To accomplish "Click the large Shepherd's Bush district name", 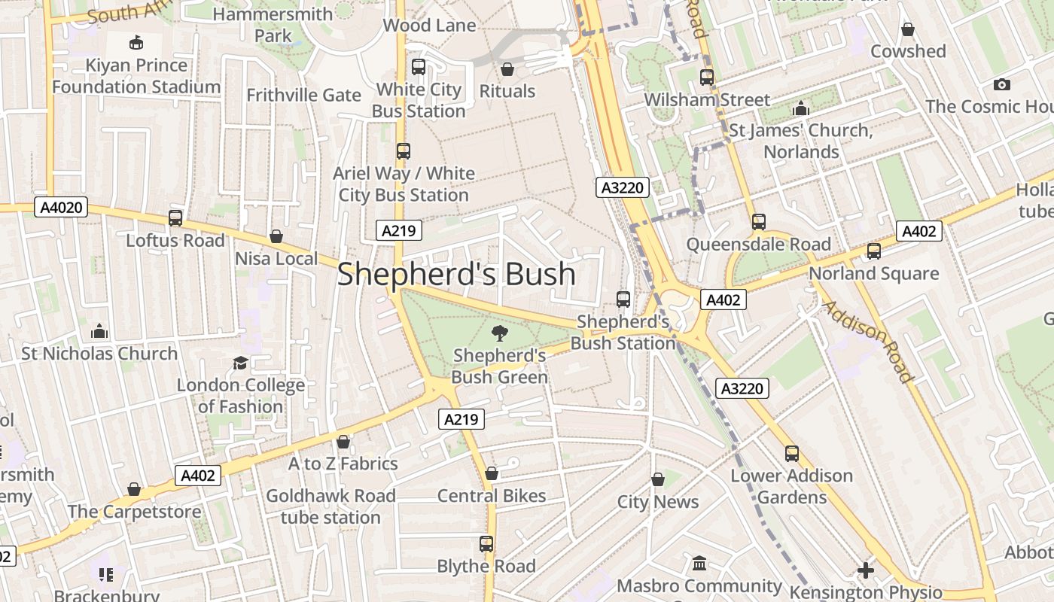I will tap(456, 274).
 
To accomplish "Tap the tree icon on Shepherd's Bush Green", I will tap(499, 333).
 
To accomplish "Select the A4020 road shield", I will tap(61, 207).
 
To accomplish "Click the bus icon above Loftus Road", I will tap(175, 218).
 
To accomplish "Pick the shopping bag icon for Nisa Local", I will tap(276, 236).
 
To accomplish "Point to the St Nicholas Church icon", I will tap(99, 331).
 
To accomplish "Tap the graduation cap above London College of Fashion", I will tap(240, 363).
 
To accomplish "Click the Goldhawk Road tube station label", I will tap(331, 506).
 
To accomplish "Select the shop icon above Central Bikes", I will tap(492, 473).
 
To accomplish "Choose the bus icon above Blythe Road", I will tap(486, 544).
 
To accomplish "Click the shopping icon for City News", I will tap(658, 479).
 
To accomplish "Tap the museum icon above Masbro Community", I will tap(699, 564).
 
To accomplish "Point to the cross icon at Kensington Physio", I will tap(866, 570).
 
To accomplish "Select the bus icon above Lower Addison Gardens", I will tap(792, 454).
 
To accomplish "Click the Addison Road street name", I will tap(867, 340).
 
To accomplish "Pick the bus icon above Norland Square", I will tap(874, 251).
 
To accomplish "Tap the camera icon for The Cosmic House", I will tap(1001, 84).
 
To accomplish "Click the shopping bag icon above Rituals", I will tap(507, 69).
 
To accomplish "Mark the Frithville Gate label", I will tap(304, 96).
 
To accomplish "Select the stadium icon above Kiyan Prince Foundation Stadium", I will tap(136, 43).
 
